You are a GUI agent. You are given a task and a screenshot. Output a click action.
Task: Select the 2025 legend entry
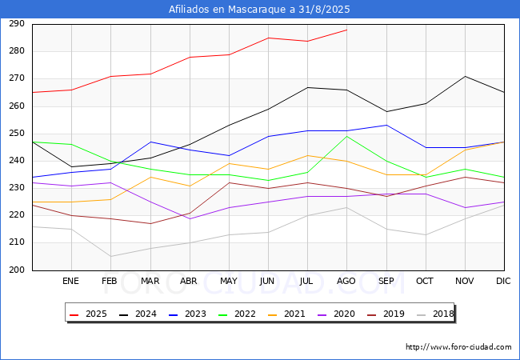pos(88,314)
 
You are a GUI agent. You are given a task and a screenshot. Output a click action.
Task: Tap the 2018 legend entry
pos(435,314)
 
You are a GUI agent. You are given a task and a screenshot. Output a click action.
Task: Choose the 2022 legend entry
pos(237,314)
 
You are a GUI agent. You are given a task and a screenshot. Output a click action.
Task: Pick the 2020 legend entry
pos(336,314)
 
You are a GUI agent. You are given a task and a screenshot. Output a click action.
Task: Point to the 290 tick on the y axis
pos(17,24)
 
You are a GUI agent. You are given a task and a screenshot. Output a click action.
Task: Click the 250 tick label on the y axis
pos(17,134)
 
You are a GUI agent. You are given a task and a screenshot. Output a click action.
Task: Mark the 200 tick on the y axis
pos(17,270)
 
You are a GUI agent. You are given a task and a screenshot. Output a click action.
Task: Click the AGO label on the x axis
pos(346,281)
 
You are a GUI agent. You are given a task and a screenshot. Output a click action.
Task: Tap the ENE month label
pos(70,281)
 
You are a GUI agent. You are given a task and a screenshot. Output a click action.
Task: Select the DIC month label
pos(503,281)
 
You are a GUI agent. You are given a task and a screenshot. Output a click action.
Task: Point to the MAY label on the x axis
pos(229,281)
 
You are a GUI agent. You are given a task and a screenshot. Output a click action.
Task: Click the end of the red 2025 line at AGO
pos(347,30)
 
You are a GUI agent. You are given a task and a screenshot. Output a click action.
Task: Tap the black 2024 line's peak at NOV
pos(466,76)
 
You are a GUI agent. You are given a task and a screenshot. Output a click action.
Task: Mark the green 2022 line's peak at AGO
pos(347,136)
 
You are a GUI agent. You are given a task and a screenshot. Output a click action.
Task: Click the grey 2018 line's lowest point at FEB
pos(110,256)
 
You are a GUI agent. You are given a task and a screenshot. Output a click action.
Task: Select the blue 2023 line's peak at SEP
pos(386,126)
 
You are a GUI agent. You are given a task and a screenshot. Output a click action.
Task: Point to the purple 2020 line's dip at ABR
pos(190,218)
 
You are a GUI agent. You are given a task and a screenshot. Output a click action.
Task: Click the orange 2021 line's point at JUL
pos(308,155)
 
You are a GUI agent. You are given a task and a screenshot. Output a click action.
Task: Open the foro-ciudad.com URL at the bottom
pos(458,347)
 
